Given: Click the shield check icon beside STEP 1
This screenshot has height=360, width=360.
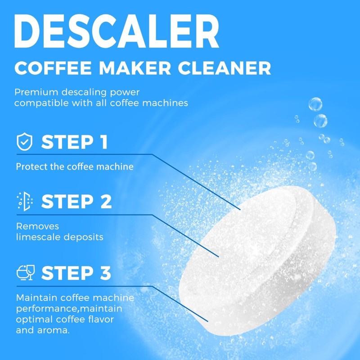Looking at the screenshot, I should click(24, 142).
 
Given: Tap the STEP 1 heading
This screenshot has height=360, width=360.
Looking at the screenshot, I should click(75, 142).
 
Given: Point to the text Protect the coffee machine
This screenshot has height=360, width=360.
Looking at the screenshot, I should click(75, 166).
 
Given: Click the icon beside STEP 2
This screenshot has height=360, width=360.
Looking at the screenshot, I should click(24, 201).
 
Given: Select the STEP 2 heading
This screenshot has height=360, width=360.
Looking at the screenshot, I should click(76, 201).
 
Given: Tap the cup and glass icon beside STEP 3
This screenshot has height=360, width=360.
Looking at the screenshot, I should click(25, 273).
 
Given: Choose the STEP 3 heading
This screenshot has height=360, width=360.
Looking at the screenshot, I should click(76, 273).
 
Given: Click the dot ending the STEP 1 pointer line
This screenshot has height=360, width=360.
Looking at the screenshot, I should click(240, 209).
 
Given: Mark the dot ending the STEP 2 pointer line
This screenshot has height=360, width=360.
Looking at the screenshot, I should click(219, 257).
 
